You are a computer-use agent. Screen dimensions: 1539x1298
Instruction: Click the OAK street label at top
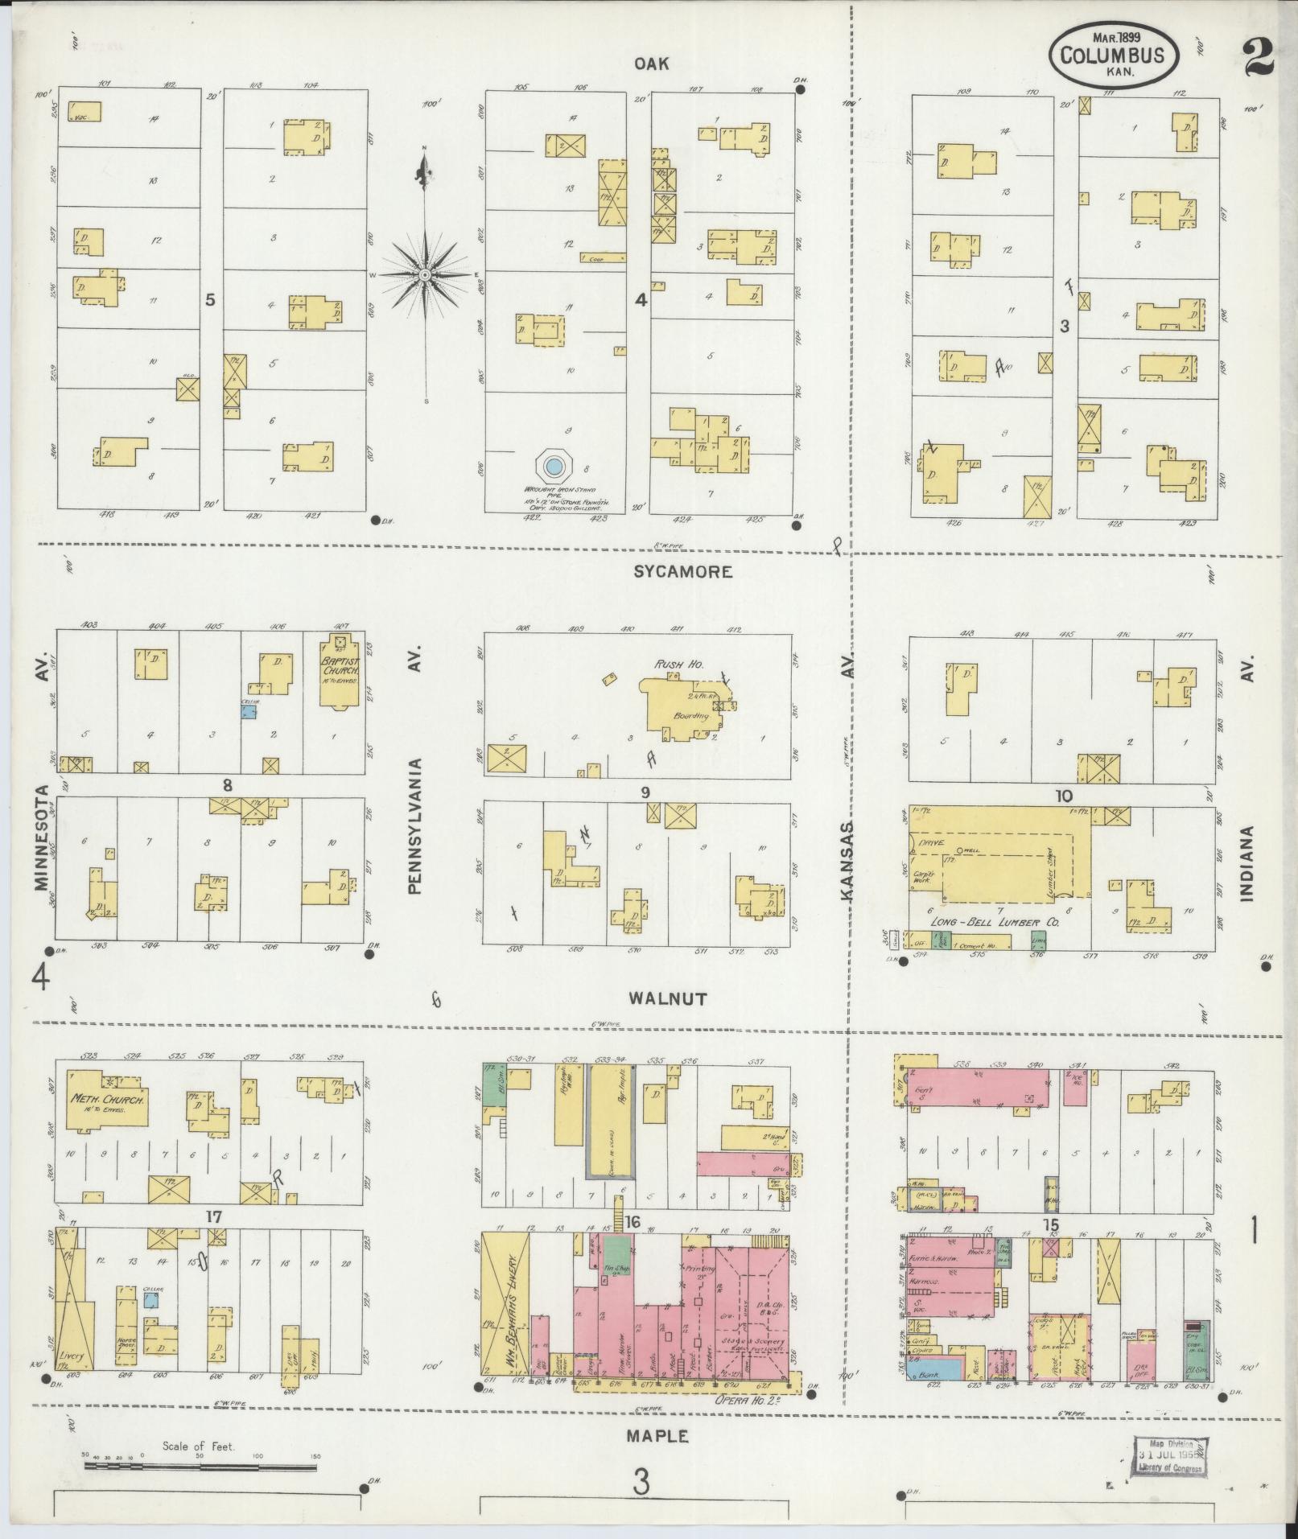[x=651, y=64]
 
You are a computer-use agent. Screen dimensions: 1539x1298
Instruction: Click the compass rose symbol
[x=424, y=275]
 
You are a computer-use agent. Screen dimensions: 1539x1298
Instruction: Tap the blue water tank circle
[x=553, y=465]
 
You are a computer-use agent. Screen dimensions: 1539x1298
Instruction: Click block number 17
[x=212, y=1239]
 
